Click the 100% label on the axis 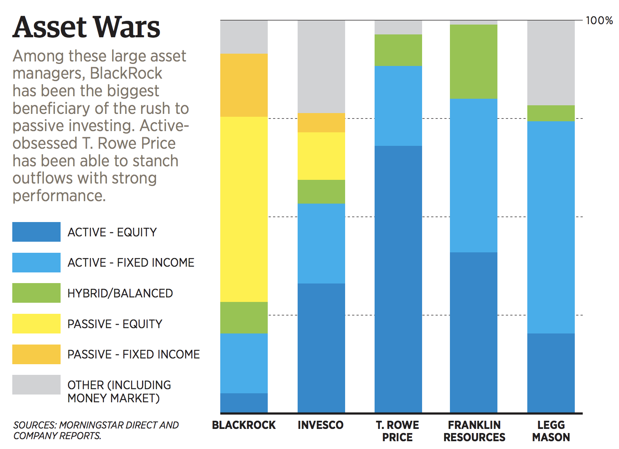[599, 20]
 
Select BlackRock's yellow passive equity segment [244, 209]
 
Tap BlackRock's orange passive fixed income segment [244, 85]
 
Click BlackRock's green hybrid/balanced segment [244, 317]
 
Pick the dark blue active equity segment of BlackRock [244, 403]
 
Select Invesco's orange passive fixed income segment [321, 122]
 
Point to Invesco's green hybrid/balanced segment [321, 192]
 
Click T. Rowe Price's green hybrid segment [398, 50]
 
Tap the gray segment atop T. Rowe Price [398, 27]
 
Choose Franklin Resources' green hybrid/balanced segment [474, 61]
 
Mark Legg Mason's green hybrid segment [551, 113]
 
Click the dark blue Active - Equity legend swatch [36, 232]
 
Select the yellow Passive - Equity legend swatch [36, 324]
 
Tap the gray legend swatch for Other [36, 385]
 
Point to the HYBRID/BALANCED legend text [120, 293]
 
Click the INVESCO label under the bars [321, 425]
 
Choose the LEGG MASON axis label [551, 431]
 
